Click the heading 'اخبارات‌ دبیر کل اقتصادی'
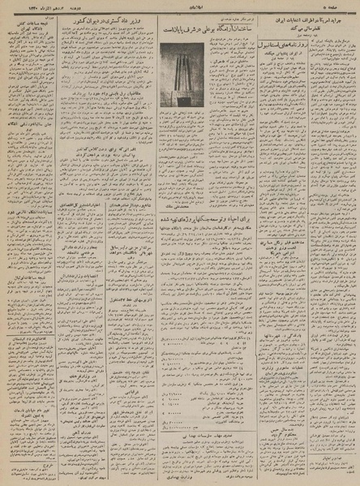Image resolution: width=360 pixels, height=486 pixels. pyautogui.click(x=77, y=230)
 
